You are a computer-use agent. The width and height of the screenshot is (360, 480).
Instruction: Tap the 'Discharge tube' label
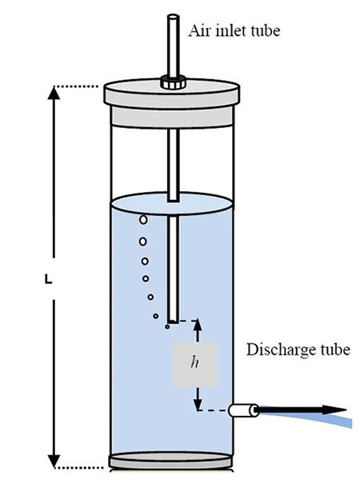click(298, 350)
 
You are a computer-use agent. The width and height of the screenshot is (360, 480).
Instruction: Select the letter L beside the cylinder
click(49, 282)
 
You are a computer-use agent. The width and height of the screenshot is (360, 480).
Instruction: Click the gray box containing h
click(194, 362)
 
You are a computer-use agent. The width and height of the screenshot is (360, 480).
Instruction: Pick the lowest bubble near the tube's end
click(166, 326)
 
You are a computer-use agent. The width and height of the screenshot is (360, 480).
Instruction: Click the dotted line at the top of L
click(80, 86)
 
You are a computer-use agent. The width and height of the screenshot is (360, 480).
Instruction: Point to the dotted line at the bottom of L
click(80, 466)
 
